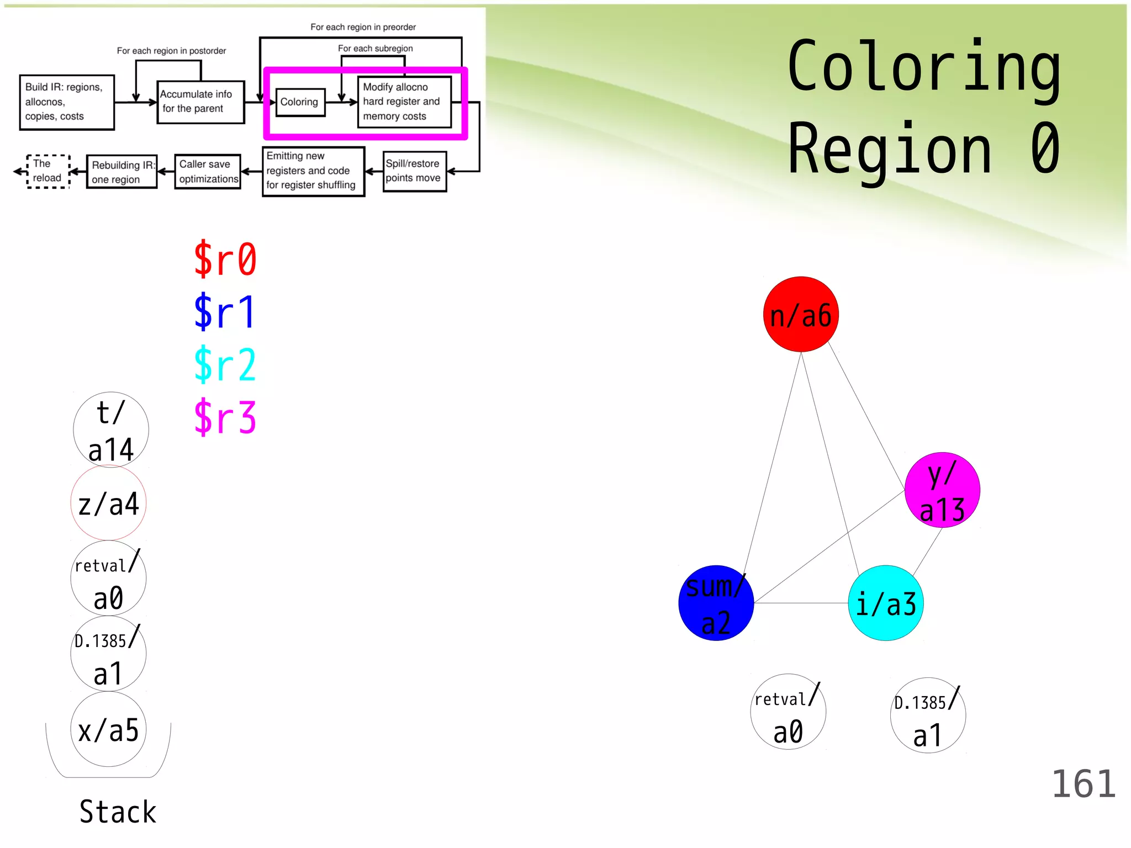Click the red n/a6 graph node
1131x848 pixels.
[801, 314]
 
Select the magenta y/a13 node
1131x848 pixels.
[942, 490]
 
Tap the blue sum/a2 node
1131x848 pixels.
[716, 603]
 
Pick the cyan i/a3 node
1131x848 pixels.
[886, 603]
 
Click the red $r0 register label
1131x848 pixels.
[225, 259]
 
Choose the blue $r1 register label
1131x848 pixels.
[225, 312]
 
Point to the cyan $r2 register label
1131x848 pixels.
[225, 364]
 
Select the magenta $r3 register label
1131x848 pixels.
[225, 417]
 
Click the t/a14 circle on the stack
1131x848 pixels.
[111, 430]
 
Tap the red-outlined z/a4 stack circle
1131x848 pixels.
[108, 503]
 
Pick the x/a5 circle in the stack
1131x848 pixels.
[108, 729]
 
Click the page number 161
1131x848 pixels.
[1084, 784]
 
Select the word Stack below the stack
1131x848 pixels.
[118, 812]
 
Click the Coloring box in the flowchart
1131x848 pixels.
[300, 102]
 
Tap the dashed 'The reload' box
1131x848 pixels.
[48, 171]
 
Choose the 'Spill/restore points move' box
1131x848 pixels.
[414, 171]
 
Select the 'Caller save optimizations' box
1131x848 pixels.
[208, 172]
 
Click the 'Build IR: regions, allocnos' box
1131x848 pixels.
[67, 102]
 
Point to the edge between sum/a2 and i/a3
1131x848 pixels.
[801, 603]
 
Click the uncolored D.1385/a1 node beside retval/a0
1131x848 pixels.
[928, 715]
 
